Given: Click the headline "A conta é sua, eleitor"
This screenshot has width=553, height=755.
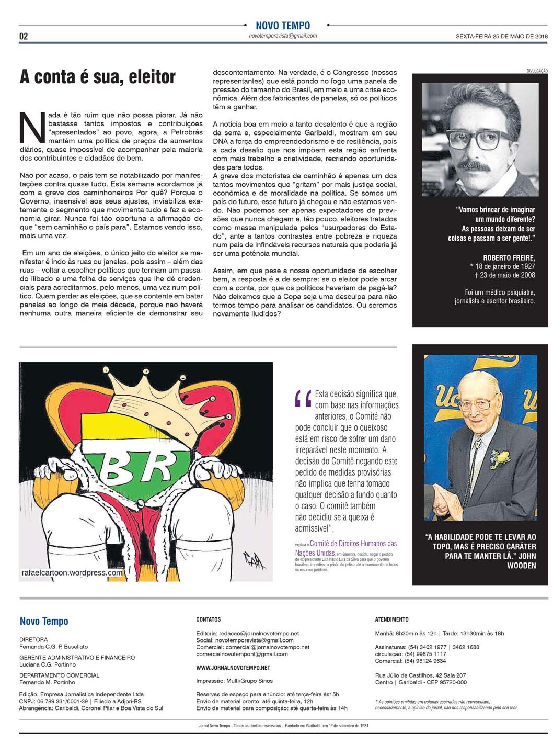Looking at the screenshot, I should [x=97, y=77].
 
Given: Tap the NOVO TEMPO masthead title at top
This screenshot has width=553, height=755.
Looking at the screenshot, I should [x=283, y=26].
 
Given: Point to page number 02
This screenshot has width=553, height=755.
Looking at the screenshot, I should [x=24, y=36].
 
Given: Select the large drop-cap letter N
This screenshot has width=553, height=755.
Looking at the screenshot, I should [x=32, y=128].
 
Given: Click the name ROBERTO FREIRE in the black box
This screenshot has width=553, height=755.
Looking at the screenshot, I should [x=509, y=257].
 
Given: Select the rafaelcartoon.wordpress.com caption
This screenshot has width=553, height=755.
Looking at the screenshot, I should [x=72, y=572].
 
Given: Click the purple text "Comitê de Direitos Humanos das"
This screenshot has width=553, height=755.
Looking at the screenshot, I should [x=353, y=544].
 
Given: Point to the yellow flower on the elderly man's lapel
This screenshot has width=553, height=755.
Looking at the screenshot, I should [x=501, y=457].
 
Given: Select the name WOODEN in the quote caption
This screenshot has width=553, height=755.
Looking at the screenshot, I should [x=521, y=566].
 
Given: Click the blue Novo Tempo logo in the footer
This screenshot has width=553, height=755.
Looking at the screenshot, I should [x=44, y=621].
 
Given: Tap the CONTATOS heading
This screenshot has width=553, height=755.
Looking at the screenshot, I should [x=209, y=619].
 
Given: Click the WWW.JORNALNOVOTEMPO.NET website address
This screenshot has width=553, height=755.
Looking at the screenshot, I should [x=233, y=668].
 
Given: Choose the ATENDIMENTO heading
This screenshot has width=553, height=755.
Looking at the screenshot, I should [x=391, y=619].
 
